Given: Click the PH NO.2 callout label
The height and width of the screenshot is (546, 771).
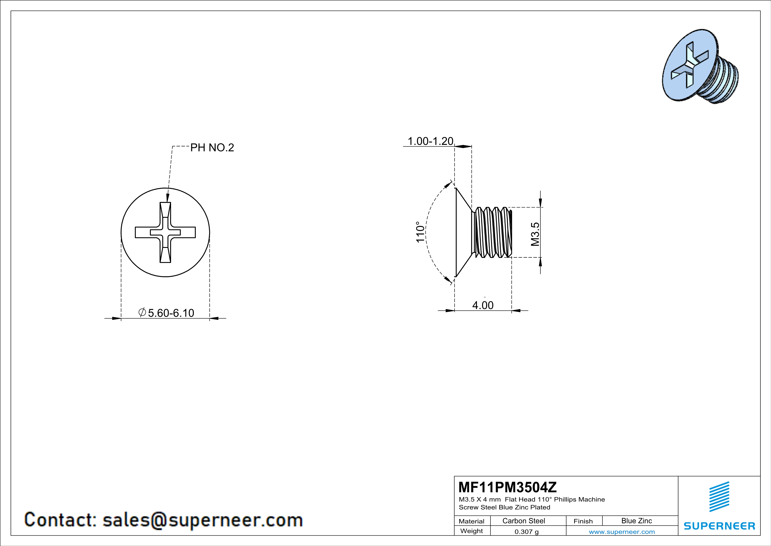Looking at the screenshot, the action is [x=212, y=148].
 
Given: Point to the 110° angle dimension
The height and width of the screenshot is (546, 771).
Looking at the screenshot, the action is [x=420, y=232].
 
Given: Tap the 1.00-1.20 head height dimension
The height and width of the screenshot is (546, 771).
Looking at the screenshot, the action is [x=430, y=141].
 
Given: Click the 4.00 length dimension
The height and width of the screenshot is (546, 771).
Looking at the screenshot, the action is [x=483, y=305].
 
